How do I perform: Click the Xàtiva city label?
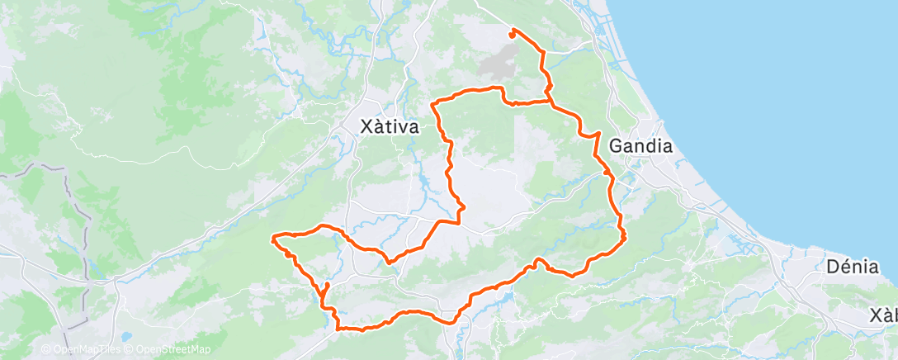pyautogui.click(x=390, y=127)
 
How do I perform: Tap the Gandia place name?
pyautogui.click(x=640, y=146)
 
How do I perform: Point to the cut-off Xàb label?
pyautogui.click(x=884, y=315)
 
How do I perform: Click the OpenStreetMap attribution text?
pyautogui.click(x=168, y=350)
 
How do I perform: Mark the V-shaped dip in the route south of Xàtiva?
pyautogui.click(x=390, y=261)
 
